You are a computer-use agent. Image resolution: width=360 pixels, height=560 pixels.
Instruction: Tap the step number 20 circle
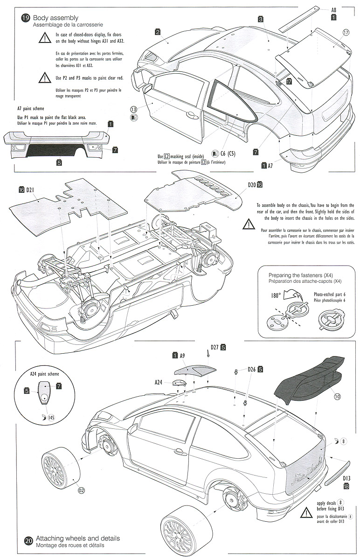28,541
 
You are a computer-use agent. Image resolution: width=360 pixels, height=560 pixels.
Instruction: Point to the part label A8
334,9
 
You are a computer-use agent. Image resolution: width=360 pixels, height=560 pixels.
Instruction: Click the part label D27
215,347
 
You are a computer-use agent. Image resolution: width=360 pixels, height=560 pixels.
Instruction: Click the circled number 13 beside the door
134,109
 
